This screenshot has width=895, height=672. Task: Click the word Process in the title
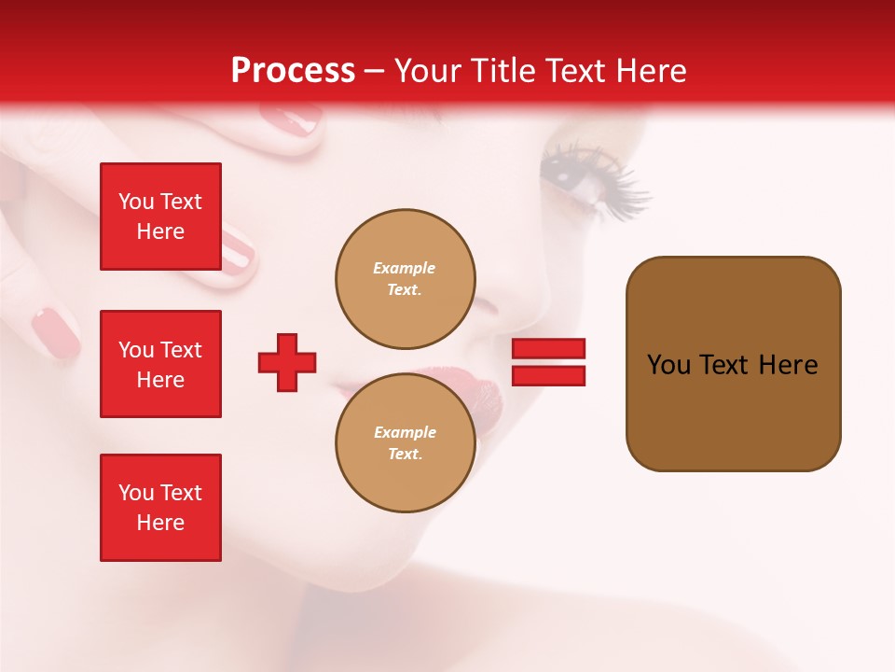[293, 71]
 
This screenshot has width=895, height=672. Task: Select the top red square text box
[160, 217]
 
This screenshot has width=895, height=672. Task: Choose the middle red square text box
[160, 364]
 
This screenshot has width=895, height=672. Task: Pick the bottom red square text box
[160, 508]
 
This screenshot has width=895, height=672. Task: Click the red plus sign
[287, 362]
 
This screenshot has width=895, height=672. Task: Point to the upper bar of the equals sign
[548, 349]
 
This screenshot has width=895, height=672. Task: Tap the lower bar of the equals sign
[548, 375]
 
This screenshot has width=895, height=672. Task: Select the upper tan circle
[405, 279]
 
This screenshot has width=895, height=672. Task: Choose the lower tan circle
[405, 442]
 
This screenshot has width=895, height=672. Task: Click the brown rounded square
[733, 364]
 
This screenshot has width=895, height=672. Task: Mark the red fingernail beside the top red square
[237, 247]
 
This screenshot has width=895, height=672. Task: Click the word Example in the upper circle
[405, 268]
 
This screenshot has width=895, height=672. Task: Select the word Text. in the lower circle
[405, 454]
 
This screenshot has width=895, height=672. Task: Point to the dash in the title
[374, 71]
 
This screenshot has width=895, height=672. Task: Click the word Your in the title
[425, 71]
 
